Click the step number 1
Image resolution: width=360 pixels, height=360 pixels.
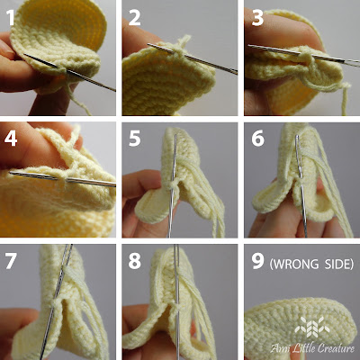[11, 17]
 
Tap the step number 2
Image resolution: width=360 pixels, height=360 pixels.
[135, 17]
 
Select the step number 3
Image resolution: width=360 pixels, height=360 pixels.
[257, 17]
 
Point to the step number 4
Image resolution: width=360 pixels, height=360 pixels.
[11, 139]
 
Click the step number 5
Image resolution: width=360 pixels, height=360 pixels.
[135, 139]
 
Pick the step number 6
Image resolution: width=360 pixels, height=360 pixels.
[257, 139]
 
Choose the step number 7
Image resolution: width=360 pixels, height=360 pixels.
[11, 260]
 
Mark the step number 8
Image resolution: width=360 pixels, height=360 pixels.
[135, 260]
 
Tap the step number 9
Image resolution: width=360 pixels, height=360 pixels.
[257, 260]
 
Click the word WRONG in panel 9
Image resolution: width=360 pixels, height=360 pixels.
[296, 264]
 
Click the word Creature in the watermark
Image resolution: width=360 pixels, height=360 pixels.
[336, 348]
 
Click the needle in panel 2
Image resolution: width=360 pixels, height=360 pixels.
[192, 58]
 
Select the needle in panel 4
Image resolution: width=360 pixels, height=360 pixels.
[62, 179]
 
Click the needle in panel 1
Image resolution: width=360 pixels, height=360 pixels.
[69, 72]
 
